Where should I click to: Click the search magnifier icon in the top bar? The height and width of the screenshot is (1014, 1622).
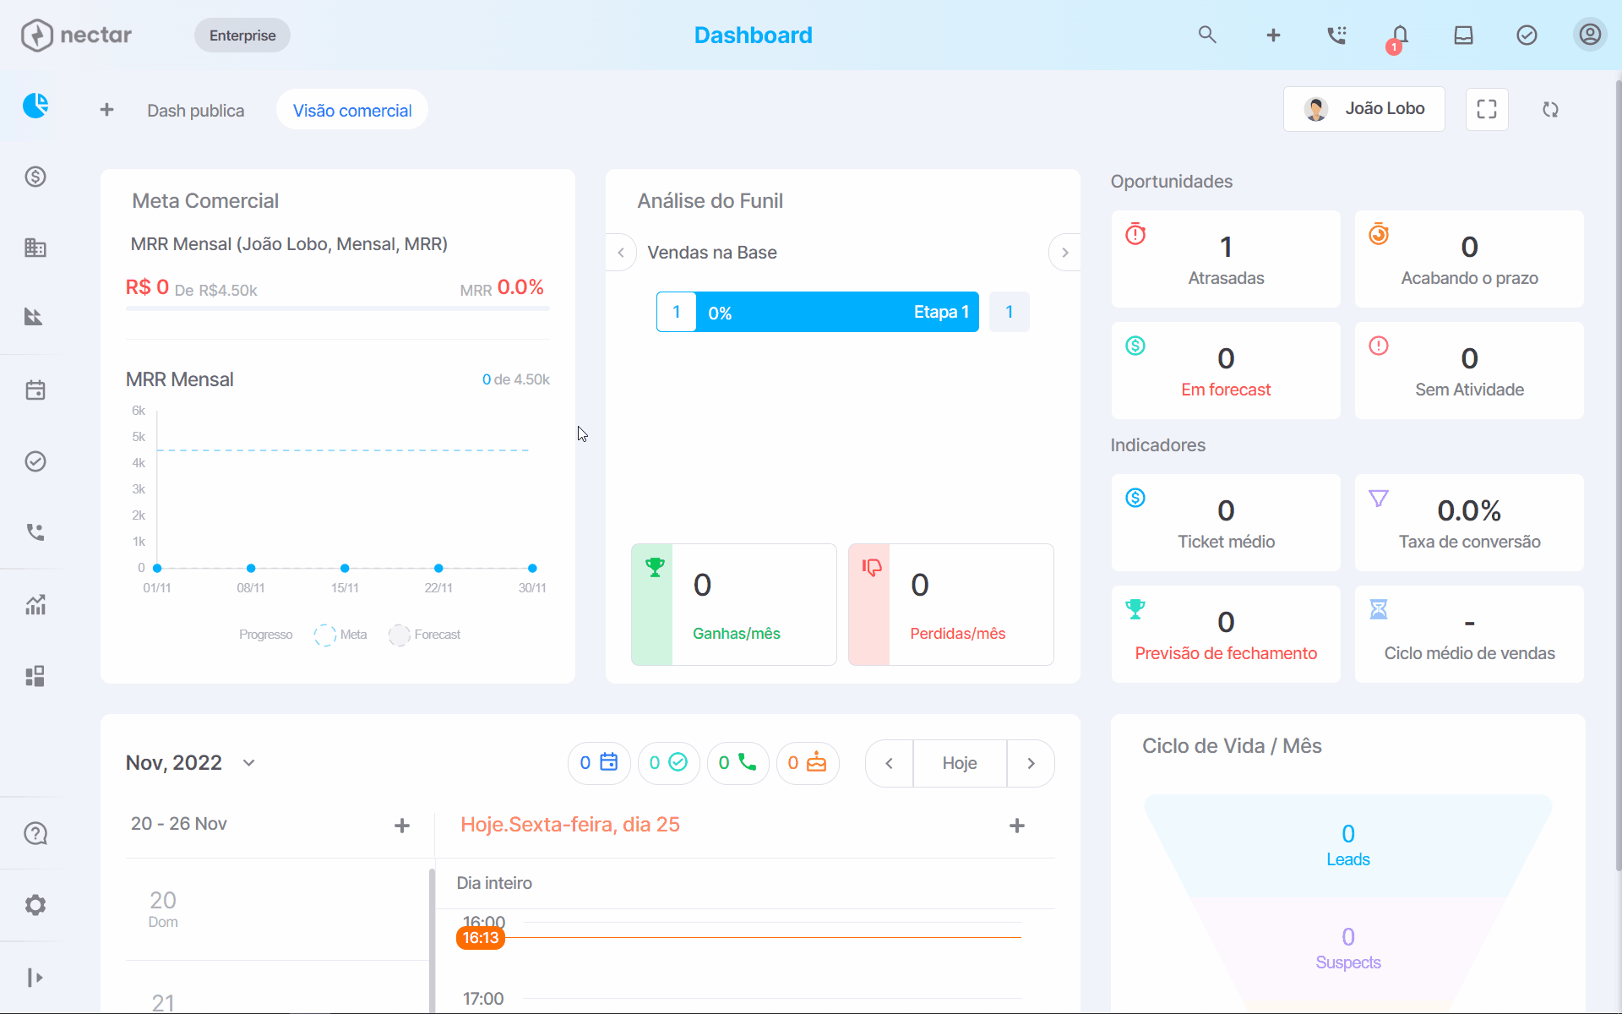(1207, 35)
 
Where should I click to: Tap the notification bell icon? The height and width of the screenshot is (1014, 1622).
(1400, 35)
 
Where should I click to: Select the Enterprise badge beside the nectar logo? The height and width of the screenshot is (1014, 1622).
(242, 35)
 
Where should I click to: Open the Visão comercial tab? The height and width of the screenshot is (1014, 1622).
(352, 110)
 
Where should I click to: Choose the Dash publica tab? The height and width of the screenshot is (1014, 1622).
(195, 111)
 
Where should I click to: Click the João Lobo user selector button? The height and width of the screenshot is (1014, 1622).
(1363, 109)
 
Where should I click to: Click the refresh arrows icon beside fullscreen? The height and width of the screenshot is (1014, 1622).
(1550, 109)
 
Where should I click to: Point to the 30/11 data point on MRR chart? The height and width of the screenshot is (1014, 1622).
(532, 568)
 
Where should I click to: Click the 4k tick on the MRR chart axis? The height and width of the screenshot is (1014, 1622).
(139, 463)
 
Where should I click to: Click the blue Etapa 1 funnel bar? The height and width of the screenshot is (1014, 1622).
(837, 312)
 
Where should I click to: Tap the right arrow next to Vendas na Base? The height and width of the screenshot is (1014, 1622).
(1064, 253)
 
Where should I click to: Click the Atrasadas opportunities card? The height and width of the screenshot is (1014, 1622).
(1226, 259)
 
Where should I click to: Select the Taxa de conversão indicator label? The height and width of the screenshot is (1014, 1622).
(1469, 542)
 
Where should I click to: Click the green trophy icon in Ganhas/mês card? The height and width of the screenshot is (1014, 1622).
(655, 567)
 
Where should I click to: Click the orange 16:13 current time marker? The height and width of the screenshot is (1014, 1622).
(481, 938)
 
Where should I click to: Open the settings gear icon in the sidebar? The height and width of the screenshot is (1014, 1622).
(35, 905)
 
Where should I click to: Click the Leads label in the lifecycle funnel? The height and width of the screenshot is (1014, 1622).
(1348, 859)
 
